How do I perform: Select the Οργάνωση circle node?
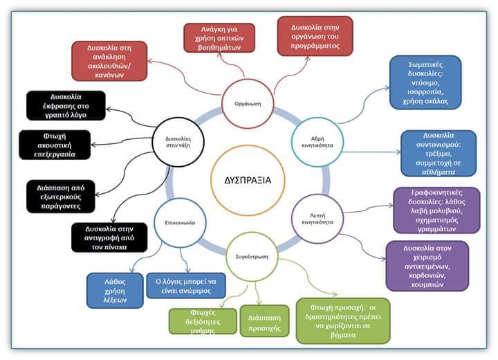click(248, 105)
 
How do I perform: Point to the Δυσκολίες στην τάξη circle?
click(174, 143)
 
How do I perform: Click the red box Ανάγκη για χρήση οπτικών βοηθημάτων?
click(220, 37)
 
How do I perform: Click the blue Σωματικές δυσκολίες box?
click(425, 82)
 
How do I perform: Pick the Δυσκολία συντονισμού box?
click(439, 153)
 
